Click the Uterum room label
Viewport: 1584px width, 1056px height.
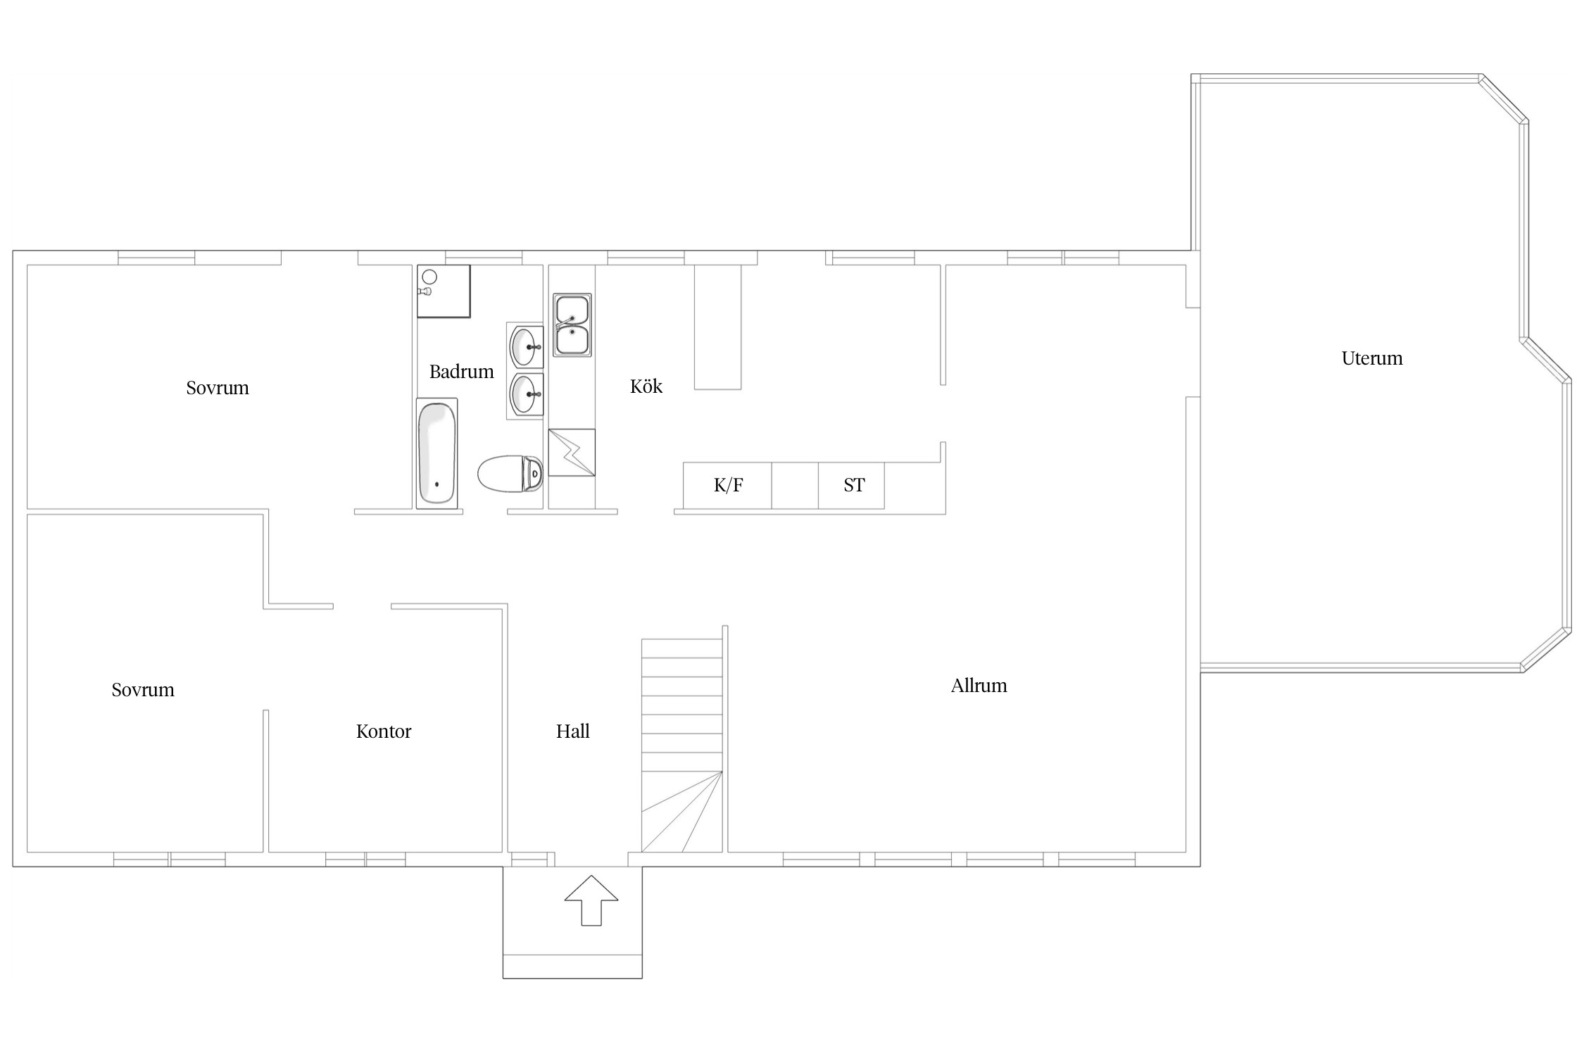1371,358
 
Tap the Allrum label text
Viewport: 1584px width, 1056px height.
979,686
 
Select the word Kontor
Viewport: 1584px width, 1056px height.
384,731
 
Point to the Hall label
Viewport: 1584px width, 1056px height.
573,731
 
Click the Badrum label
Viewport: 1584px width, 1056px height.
462,372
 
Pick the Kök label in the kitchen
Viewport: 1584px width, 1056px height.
646,386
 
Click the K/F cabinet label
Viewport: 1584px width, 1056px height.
729,485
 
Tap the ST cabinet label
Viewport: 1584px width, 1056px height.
854,485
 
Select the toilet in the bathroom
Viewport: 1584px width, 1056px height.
510,474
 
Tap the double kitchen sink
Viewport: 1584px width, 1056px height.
572,325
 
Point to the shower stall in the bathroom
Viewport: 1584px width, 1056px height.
444,291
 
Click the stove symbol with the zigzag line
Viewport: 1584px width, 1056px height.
572,453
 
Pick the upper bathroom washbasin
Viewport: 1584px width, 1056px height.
525,346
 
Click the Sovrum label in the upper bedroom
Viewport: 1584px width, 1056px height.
218,388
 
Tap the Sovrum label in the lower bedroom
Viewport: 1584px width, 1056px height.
143,690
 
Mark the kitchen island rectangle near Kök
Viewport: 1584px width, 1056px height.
718,327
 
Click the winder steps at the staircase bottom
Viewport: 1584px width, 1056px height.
681,812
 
